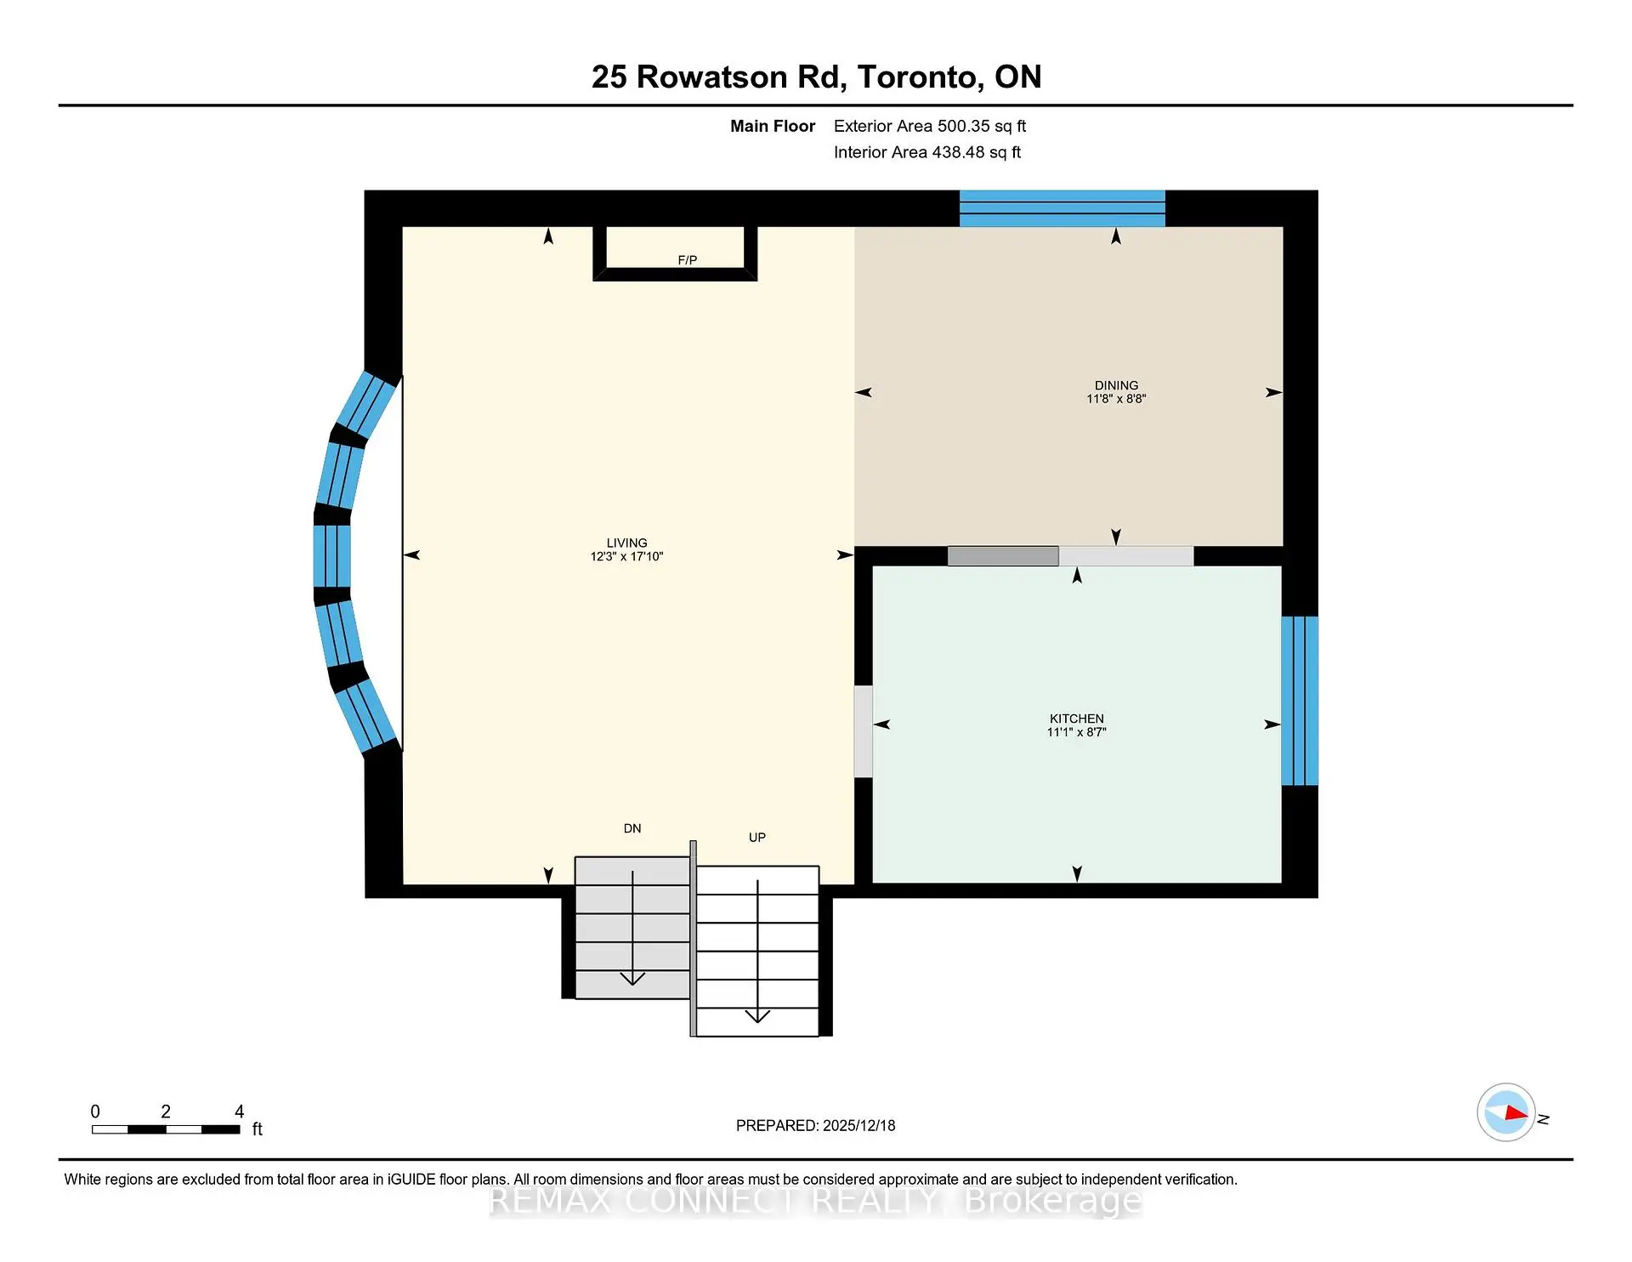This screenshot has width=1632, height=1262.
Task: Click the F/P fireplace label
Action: (687, 260)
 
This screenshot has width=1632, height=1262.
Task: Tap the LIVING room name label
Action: (626, 543)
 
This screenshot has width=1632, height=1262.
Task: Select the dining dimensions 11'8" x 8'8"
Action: (1115, 399)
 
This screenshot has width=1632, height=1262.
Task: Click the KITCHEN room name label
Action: (1076, 719)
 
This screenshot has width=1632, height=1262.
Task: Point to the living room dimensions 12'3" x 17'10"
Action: (626, 556)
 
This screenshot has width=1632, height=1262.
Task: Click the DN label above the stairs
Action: (632, 828)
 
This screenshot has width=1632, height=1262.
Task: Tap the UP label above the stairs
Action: (756, 838)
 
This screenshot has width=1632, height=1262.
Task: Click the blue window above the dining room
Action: (1062, 209)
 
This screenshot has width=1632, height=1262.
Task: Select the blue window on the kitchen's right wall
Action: (1299, 701)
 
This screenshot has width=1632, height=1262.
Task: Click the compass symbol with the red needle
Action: (1506, 1112)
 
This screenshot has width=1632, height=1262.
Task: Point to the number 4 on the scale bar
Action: (239, 1111)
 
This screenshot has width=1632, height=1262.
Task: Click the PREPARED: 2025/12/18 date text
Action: (815, 1125)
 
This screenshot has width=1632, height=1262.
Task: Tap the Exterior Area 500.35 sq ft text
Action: (929, 126)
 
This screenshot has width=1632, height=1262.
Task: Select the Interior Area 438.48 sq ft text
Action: (926, 152)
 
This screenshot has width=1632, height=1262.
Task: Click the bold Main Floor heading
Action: (772, 126)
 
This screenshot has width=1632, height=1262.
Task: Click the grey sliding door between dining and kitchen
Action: (1003, 556)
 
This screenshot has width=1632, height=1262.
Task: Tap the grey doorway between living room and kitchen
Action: (863, 731)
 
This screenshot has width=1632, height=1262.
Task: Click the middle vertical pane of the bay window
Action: (331, 556)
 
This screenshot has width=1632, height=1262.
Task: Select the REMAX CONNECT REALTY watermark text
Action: (815, 1201)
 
